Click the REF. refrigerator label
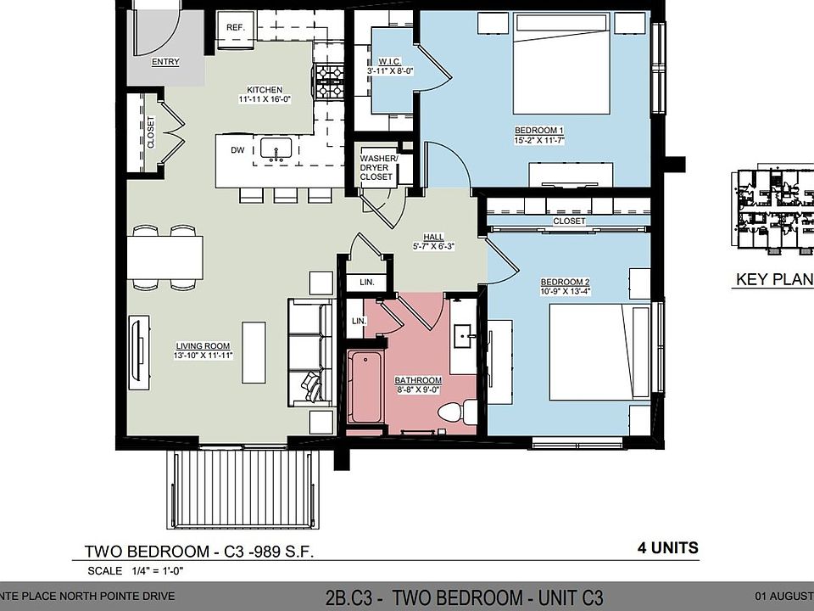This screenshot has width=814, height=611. tap(235, 28)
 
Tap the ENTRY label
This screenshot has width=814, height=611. tap(165, 62)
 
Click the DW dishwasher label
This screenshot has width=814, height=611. tap(237, 150)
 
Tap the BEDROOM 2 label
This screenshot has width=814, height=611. tap(565, 283)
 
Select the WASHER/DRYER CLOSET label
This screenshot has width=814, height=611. tap(376, 167)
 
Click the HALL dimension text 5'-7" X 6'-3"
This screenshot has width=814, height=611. tap(433, 247)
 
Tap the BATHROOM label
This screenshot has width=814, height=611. tap(418, 380)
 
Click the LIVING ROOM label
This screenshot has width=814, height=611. tap(203, 345)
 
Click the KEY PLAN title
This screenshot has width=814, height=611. tap(773, 279)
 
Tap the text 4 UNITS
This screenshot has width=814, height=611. tap(668, 547)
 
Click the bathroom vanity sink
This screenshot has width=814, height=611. tap(464, 338)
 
